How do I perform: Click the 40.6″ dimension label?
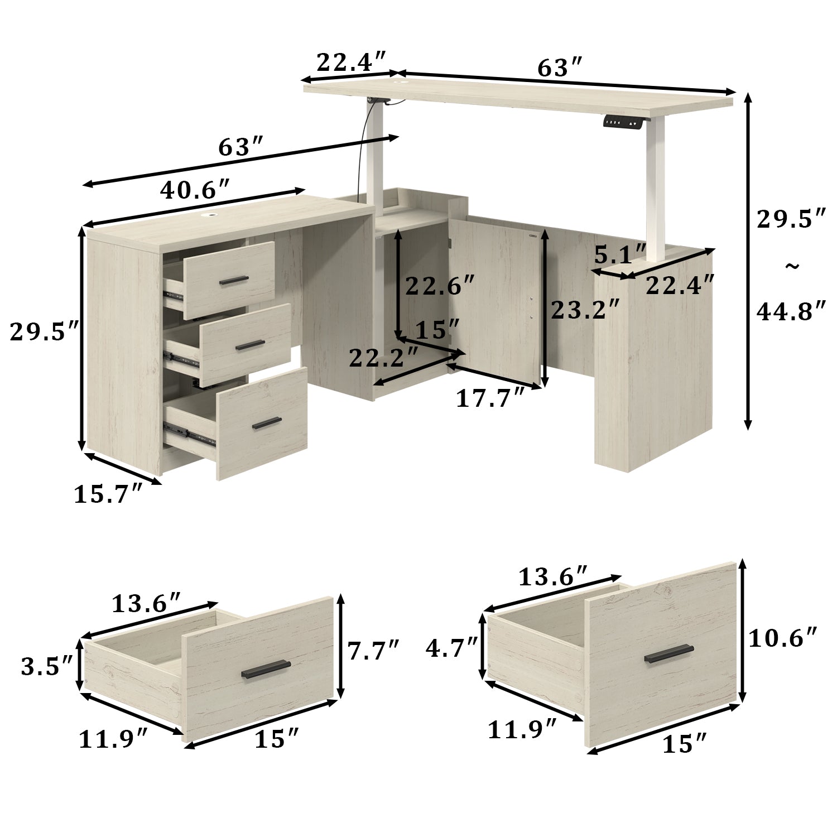(195, 191)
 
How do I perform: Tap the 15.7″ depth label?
(109, 494)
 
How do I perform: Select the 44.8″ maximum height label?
(791, 311)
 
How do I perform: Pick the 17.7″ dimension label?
(490, 398)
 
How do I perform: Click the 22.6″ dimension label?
(440, 286)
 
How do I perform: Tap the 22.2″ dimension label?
(384, 358)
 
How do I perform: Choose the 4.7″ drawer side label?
(451, 648)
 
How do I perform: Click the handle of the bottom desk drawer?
(266, 424)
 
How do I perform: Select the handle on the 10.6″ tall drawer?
(669, 653)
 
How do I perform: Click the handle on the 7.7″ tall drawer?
(266, 669)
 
